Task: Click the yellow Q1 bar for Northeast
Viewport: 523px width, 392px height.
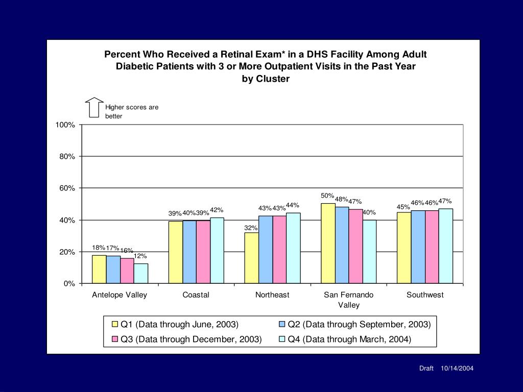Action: coord(251,258)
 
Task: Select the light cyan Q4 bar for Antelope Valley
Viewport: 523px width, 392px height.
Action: coord(141,273)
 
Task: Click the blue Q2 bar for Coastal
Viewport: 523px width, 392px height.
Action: coord(189,252)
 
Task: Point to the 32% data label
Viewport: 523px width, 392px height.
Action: coord(251,228)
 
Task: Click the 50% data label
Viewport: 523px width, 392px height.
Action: coord(327,195)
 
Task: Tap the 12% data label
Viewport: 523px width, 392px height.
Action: coord(140,256)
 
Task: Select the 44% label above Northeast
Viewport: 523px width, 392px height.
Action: coord(292,205)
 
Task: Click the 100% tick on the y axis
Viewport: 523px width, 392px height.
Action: coord(65,125)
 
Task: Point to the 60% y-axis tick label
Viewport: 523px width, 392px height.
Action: coord(67,188)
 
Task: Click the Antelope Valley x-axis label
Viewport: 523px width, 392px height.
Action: coord(120,295)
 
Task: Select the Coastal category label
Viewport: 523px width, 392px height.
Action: coord(196,295)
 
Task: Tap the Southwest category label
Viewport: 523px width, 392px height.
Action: coord(425,295)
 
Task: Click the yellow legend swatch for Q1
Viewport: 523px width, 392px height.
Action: coord(114,324)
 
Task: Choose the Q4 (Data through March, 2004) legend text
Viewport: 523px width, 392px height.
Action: coord(349,339)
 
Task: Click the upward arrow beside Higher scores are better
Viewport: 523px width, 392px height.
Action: coord(94,107)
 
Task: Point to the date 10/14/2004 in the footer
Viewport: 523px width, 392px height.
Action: coord(457,369)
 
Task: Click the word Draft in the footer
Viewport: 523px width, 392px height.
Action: coord(426,369)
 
